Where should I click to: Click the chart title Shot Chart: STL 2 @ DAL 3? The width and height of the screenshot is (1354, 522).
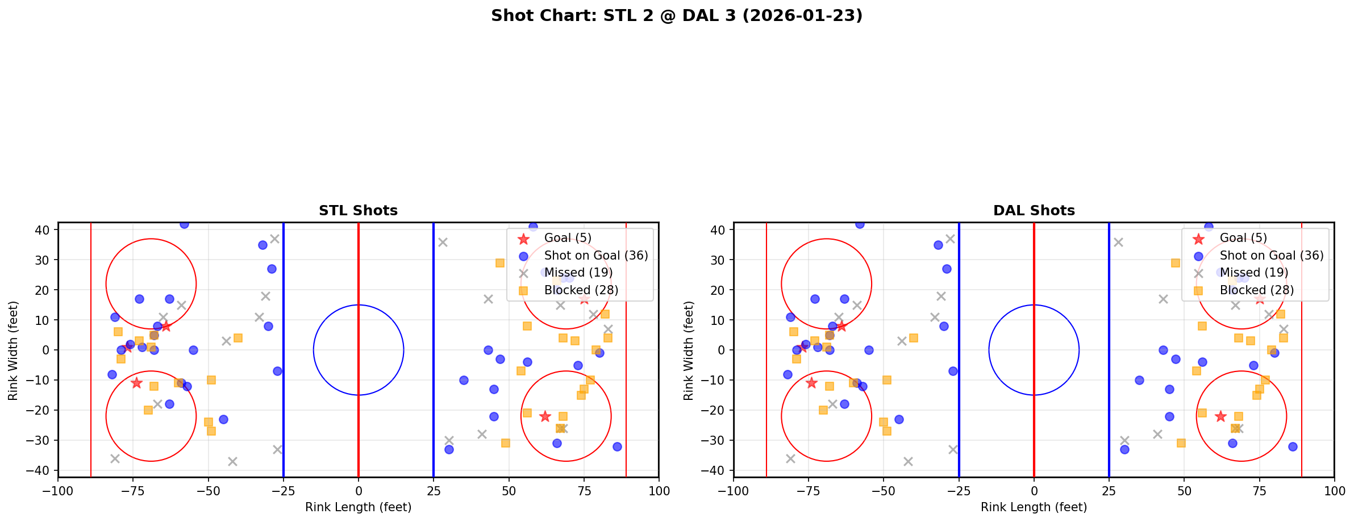coord(677,16)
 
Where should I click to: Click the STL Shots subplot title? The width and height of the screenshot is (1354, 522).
coord(358,211)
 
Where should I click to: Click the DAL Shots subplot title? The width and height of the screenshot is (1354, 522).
coord(1034,211)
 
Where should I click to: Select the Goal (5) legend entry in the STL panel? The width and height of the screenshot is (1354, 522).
coord(567,238)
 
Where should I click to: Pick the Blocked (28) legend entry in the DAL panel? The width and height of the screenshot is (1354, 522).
coord(1256,290)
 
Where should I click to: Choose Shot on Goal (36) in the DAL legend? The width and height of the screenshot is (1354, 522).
coord(1271,256)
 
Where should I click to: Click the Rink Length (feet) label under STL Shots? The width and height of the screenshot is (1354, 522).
coord(358,507)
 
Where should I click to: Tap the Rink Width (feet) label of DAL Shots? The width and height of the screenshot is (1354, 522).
coord(689,350)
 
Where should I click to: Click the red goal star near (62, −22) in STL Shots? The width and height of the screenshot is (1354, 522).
coord(544,416)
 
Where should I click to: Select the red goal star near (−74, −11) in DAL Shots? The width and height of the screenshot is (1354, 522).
coord(811,383)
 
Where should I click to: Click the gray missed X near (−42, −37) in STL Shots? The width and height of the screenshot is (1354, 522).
coord(232,461)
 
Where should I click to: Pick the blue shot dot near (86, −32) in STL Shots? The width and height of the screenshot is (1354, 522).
coord(617,446)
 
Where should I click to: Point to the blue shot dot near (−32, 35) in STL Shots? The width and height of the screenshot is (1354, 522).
coord(263,245)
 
